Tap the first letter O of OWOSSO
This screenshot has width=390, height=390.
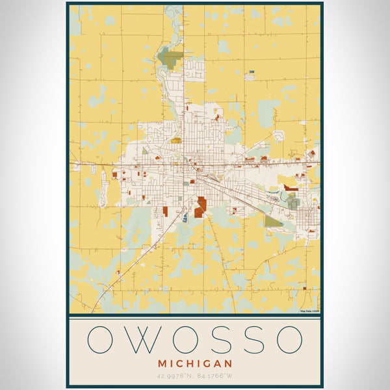(101, 339)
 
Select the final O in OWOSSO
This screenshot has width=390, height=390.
(289, 339)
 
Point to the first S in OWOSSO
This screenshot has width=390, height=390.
(216, 339)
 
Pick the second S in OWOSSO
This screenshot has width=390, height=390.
(250, 339)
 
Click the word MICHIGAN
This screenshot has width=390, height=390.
(195, 363)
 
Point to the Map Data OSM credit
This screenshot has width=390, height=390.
(309, 311)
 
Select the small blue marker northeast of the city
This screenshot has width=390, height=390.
(251, 70)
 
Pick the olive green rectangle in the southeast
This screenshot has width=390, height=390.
(273, 221)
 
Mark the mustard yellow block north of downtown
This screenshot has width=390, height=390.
(176, 140)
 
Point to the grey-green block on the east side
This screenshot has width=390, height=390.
(294, 203)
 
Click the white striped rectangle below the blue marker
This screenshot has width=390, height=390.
(250, 77)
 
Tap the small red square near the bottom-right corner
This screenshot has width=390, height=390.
(311, 230)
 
